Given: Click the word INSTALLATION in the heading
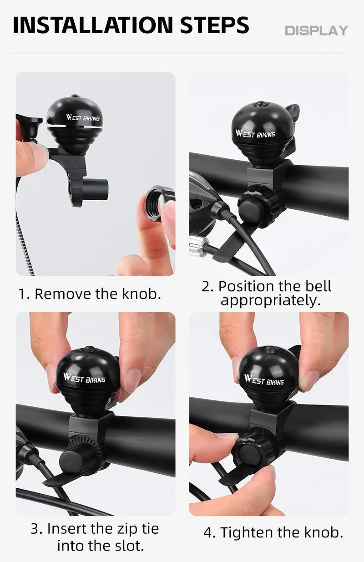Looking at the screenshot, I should point(93,25).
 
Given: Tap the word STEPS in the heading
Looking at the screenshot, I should point(214,25).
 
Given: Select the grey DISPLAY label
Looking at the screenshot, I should point(316,31).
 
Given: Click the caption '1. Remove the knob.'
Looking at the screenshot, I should point(90,294).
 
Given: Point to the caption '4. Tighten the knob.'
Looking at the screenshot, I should point(273,532).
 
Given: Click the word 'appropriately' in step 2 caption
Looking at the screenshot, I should point(271,301).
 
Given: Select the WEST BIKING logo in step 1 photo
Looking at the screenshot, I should point(83,118).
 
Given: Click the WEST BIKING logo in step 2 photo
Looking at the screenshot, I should point(255,134).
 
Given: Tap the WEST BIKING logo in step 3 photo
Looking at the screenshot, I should point(84,378).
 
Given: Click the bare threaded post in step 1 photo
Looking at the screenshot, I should point(96,189).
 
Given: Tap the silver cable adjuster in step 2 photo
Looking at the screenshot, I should point(198,246).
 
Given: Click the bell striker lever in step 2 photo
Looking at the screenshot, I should point(292,112).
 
